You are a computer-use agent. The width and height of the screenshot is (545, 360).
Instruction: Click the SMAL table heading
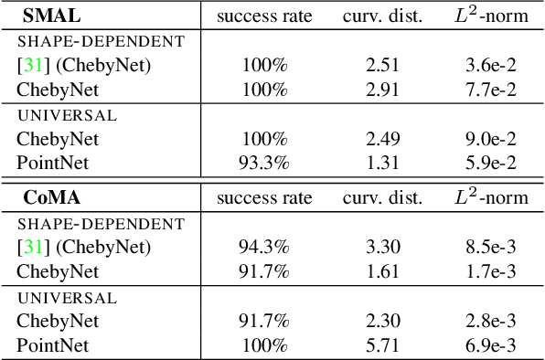coord(45,16)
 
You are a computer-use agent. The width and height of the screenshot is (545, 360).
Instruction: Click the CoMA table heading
coord(48,197)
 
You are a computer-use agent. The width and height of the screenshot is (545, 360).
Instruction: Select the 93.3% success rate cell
coord(265,163)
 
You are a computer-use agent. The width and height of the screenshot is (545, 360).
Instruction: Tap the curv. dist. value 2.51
coord(382,65)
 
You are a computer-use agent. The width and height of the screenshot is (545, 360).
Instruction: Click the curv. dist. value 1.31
coord(382,163)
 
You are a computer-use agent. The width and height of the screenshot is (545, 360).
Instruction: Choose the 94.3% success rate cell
coord(265,247)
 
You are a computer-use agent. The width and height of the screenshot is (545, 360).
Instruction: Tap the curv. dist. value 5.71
coord(382,344)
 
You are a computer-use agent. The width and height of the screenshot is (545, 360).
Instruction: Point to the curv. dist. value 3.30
coord(382,247)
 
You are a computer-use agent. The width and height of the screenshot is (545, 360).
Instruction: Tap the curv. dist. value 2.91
coord(382,89)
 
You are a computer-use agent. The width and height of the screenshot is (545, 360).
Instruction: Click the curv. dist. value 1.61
coord(382,270)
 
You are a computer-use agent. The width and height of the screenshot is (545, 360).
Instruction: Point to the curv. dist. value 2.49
coord(382,139)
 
